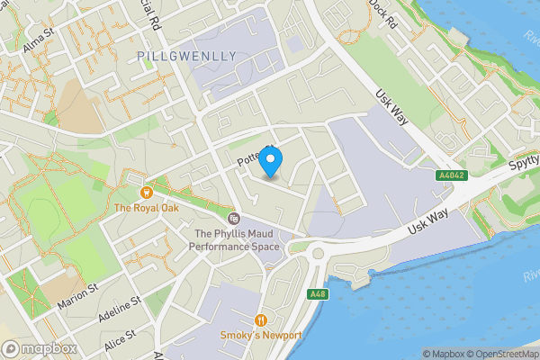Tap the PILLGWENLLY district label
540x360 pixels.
tap(188, 56)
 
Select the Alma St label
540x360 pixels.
tap(40, 41)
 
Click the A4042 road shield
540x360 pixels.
tap(450, 175)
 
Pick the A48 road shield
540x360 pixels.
tap(316, 294)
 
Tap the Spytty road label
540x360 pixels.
tap(519, 165)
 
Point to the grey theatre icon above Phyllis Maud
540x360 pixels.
tap(233, 218)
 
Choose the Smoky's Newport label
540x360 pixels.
tap(262, 336)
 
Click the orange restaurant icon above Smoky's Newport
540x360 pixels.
tap(262, 319)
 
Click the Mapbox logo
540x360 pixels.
tap(39, 348)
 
